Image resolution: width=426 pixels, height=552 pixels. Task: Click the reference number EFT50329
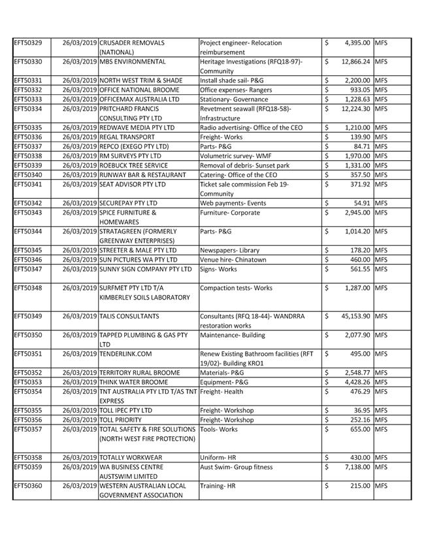point(27,43)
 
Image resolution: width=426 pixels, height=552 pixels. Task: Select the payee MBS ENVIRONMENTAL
point(132,61)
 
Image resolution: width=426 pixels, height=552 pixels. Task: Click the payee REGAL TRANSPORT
point(127,137)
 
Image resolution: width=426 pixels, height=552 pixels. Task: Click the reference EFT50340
point(27,175)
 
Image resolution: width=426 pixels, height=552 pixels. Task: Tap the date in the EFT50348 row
point(80,288)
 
